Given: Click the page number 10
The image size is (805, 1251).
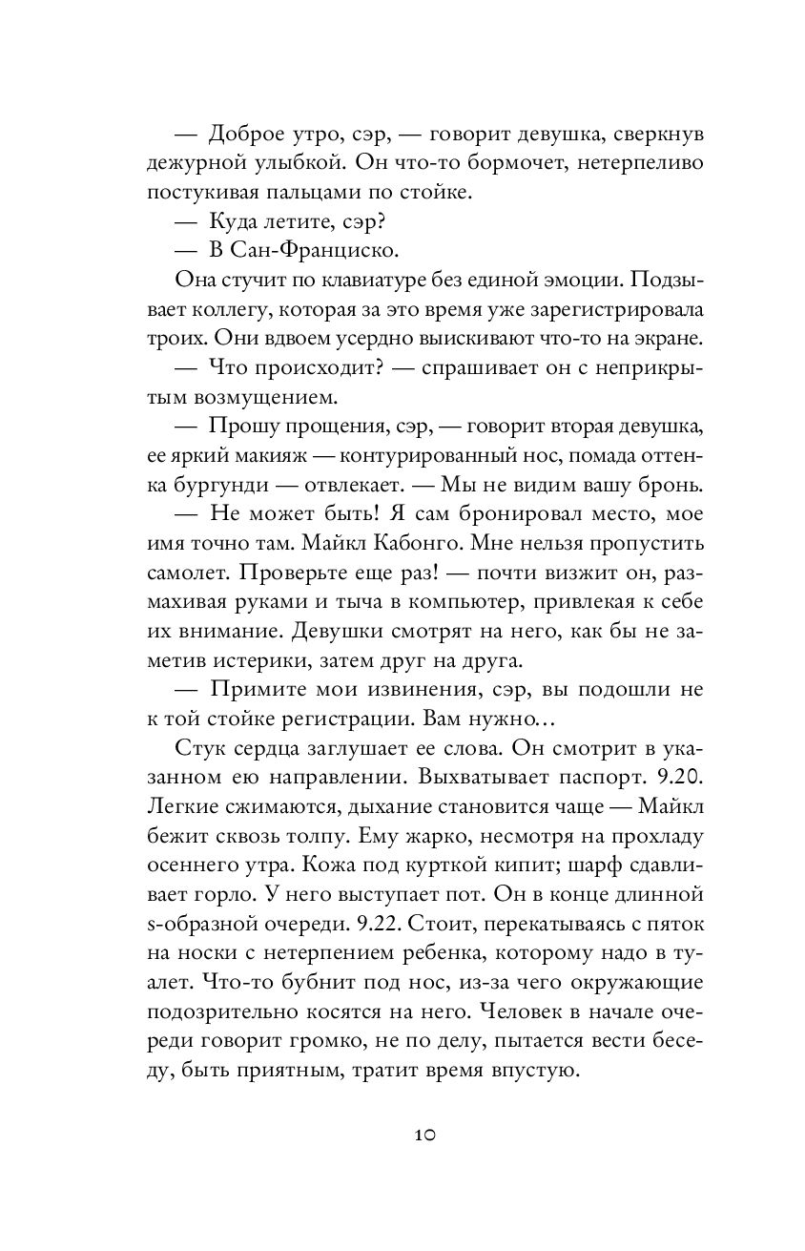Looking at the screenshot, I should [x=424, y=1135].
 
